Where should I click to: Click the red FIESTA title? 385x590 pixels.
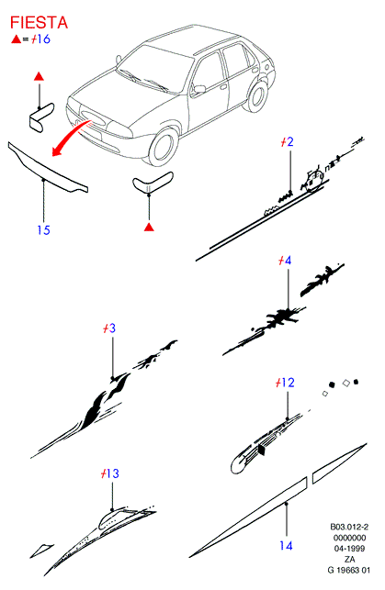pos(39,23)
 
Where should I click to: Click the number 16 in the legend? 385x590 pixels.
pos(44,39)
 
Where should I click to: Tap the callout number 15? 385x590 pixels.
pos(44,230)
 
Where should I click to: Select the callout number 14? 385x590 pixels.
pos(286,545)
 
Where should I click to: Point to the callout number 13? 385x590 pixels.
pos(112,473)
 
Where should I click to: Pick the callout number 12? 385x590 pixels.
pos(288,383)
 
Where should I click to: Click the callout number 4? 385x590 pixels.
pos(288,261)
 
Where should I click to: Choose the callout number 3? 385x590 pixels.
pos(112,328)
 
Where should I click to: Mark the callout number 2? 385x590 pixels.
pos(289,142)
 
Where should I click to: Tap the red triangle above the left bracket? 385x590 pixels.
pos(39,76)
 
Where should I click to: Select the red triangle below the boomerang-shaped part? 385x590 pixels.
pos(149,227)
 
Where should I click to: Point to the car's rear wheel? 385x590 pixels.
pos(256,96)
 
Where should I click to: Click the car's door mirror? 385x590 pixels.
pos(198,90)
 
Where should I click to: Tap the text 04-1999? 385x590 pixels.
pos(349,549)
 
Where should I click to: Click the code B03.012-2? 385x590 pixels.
pos(349,527)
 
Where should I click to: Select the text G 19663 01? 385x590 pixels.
pos(349,570)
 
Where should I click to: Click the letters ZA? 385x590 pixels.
pos(349,559)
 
